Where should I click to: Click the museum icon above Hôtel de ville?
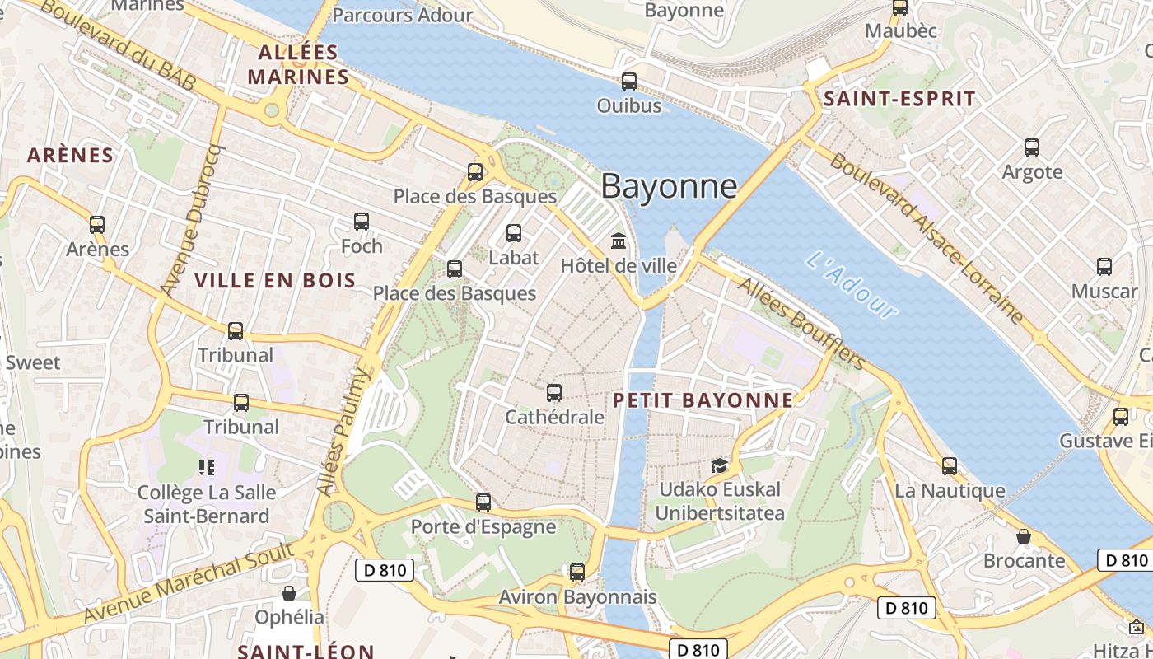(619, 241)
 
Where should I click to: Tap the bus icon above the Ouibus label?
(629, 82)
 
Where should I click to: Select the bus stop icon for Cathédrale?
(554, 393)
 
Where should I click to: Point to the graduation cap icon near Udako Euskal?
(720, 465)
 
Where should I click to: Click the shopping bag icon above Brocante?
(1024, 536)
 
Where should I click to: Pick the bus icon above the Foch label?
(362, 222)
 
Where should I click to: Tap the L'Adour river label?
(852, 285)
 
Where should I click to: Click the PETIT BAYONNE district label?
(703, 400)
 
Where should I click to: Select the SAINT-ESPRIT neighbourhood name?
(899, 99)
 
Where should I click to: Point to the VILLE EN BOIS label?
(275, 280)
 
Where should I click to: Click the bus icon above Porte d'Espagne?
(483, 502)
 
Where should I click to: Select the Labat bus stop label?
(514, 257)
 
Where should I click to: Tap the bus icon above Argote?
(1032, 147)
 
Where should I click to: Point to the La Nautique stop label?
(950, 491)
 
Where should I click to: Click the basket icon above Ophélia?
(289, 593)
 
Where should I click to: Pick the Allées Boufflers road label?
(802, 323)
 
